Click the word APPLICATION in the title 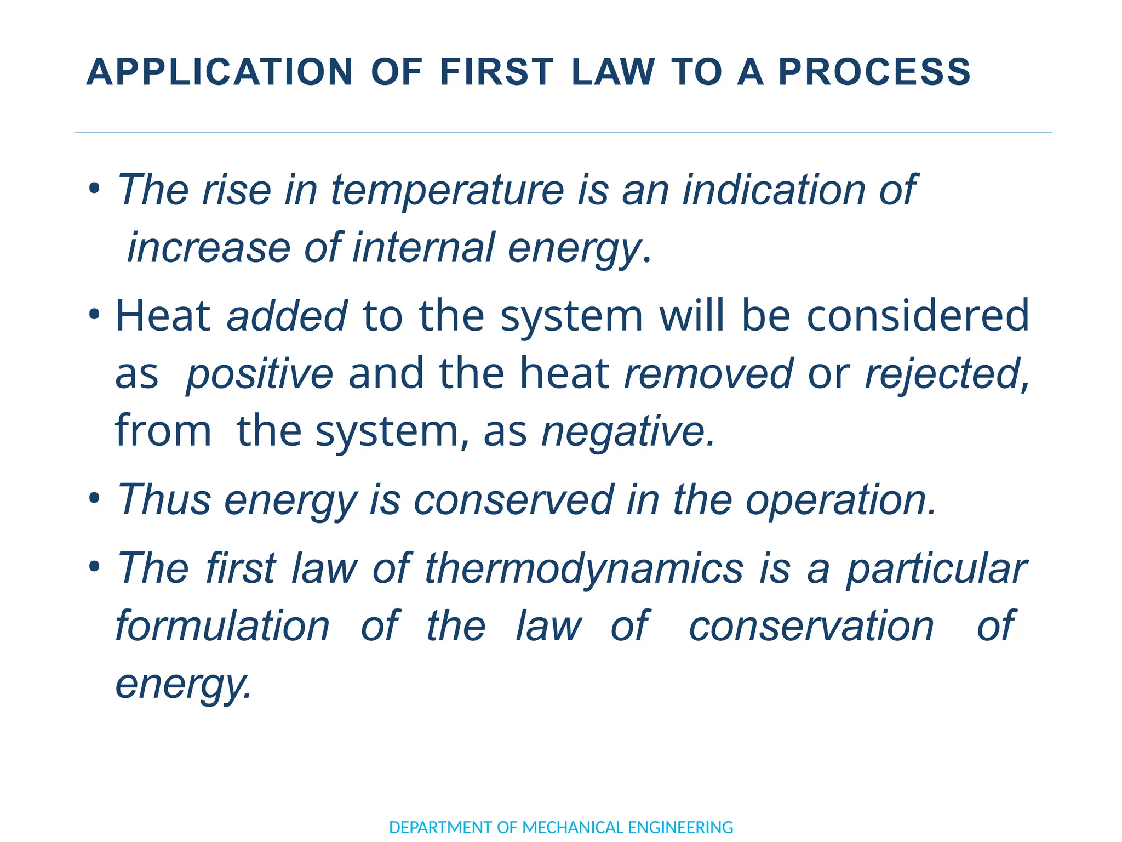tap(220, 72)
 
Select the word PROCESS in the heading tap(874, 72)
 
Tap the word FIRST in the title tap(496, 72)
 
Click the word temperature tap(448, 190)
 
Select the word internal tap(423, 248)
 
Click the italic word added tap(287, 316)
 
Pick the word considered tap(918, 316)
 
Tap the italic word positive tap(259, 374)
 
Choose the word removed tap(708, 374)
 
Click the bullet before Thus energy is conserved tap(95, 499)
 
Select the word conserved tap(513, 500)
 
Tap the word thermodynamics tap(584, 568)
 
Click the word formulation tap(222, 626)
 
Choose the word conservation tap(811, 626)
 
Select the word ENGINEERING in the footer tap(680, 827)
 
